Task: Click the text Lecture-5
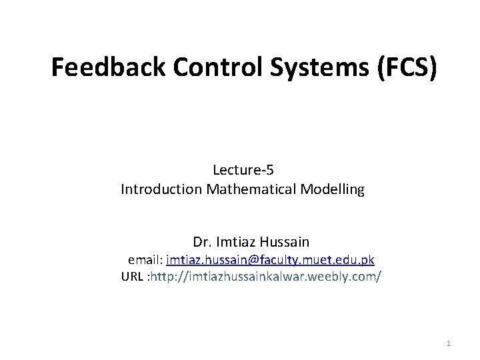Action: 243,170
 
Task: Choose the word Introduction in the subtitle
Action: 162,189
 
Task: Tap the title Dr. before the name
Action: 201,241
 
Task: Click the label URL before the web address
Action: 133,276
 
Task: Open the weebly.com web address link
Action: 267,276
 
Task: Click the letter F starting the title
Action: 57,67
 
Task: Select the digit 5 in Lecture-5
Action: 270,170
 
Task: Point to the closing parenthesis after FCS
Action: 433,67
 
